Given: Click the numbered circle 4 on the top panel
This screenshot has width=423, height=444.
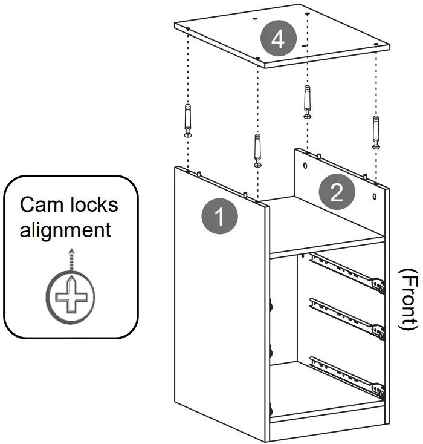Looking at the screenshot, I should (278, 40).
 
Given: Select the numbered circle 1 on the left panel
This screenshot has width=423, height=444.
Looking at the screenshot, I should (219, 216).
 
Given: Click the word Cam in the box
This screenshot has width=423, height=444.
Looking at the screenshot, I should (40, 204).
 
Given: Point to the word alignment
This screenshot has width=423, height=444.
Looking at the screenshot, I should (65, 230).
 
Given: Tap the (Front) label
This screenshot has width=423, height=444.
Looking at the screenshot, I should (410, 299).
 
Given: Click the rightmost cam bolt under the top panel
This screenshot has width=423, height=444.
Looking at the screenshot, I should (376, 131).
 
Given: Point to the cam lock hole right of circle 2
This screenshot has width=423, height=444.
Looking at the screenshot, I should (376, 197).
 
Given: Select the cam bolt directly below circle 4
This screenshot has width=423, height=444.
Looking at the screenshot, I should (308, 102).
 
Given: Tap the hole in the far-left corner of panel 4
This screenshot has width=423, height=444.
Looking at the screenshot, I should (189, 28).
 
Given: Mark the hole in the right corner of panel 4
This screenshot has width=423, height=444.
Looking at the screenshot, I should (376, 44).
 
